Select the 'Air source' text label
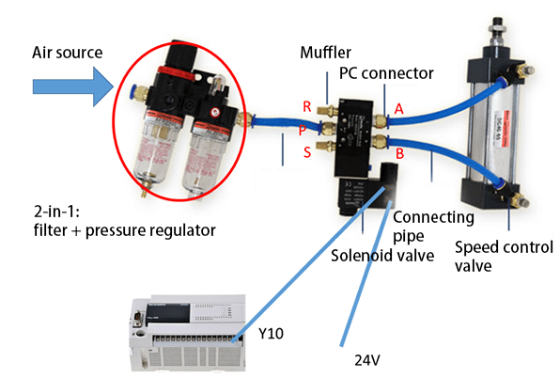pyautogui.click(x=69, y=51)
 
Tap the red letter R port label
pyautogui.click(x=306, y=106)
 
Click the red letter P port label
pyautogui.click(x=303, y=130)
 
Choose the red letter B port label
pyautogui.click(x=400, y=150)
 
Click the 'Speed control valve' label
pyautogui.click(x=495, y=255)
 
